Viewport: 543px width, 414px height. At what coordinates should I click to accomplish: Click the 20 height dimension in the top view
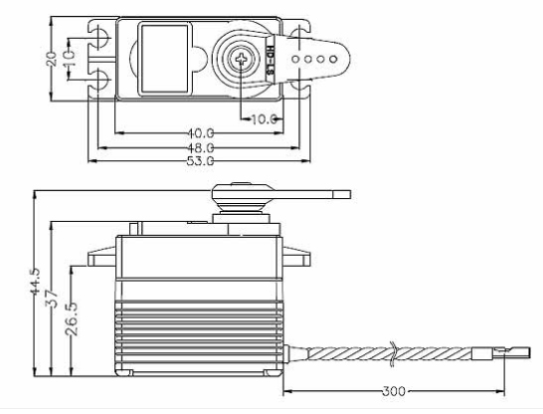52,58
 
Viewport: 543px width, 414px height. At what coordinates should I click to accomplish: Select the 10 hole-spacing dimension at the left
69,58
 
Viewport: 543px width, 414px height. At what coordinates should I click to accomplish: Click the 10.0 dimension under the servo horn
262,118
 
